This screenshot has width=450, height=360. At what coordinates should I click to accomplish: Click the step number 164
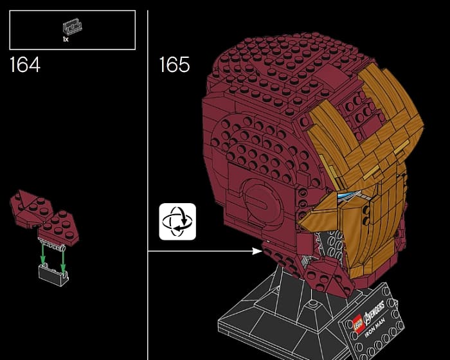click(x=25, y=64)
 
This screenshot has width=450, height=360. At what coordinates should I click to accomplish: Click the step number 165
click(x=174, y=64)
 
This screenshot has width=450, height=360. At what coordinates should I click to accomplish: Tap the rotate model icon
click(x=177, y=221)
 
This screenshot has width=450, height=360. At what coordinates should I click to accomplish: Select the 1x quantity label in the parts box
click(x=66, y=39)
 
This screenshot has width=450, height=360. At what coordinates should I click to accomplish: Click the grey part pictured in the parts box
click(x=72, y=26)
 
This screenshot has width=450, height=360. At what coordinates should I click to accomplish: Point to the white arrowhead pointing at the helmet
click(x=257, y=251)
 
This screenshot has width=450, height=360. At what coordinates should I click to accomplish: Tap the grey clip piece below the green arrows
click(x=54, y=274)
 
